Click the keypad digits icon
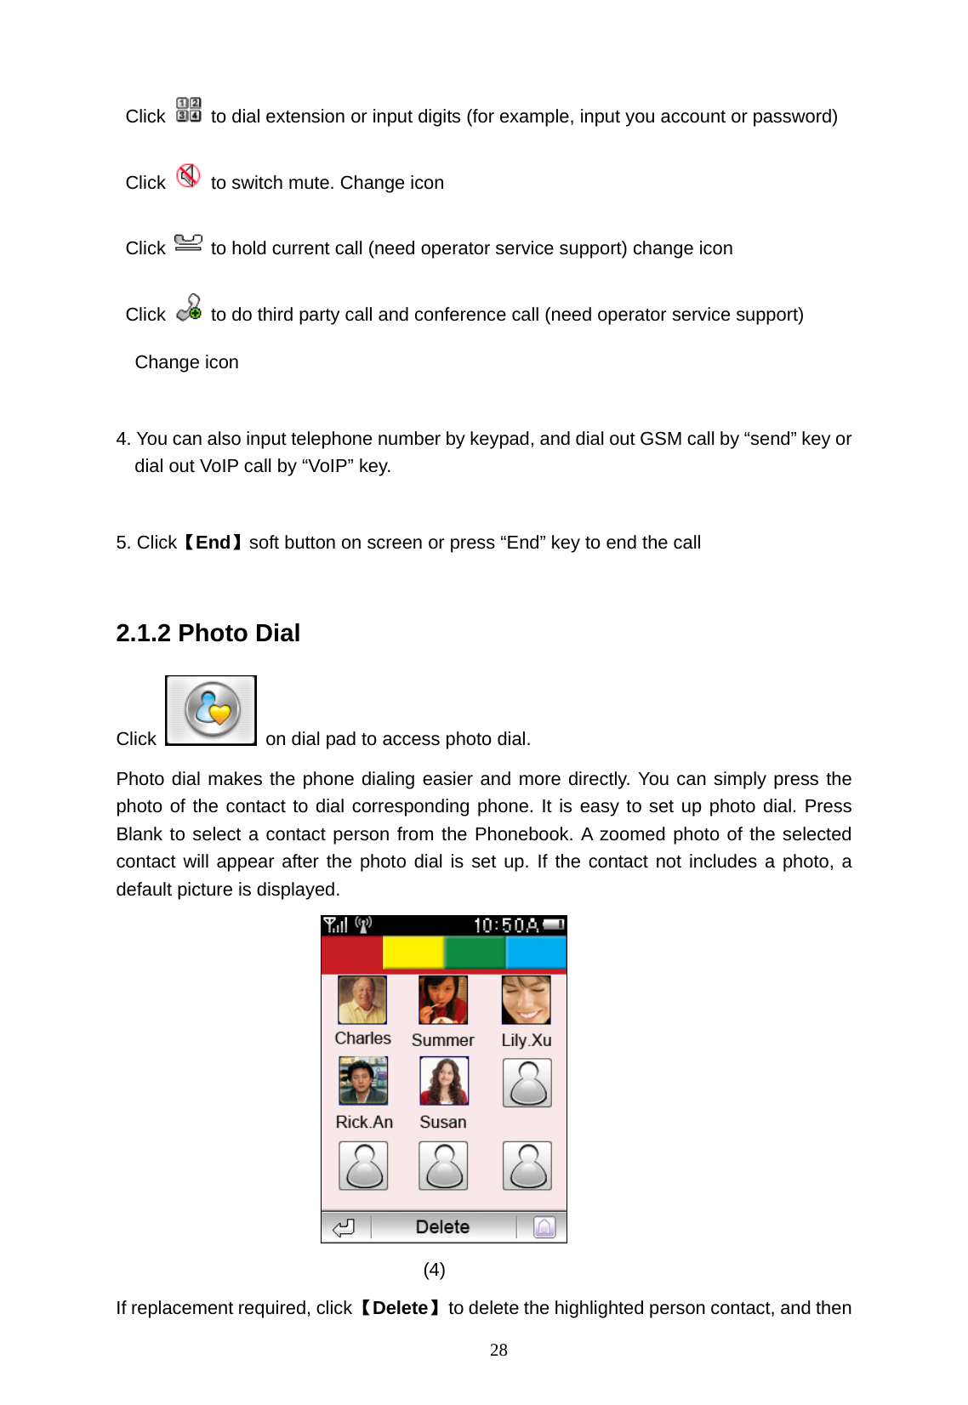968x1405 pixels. pyautogui.click(x=189, y=110)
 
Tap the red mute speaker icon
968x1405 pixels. pyautogui.click(x=188, y=176)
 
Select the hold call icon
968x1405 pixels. pyautogui.click(x=188, y=243)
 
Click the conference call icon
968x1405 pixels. pyautogui.click(x=189, y=308)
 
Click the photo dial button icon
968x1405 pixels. pyautogui.click(x=211, y=710)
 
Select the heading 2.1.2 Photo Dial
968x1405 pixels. pyautogui.click(x=208, y=633)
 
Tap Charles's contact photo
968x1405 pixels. pyautogui.click(x=362, y=1000)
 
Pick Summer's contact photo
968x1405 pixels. pyautogui.click(x=442, y=1000)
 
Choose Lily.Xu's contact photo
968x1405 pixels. pyautogui.click(x=526, y=1000)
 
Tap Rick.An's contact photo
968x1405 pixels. pyautogui.click(x=363, y=1081)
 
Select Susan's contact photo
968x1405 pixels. pyautogui.click(x=443, y=1081)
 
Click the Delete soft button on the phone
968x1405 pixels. pyautogui.click(x=442, y=1226)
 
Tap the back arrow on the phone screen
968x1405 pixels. pyautogui.click(x=344, y=1227)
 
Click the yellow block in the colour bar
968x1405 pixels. pyautogui.click(x=413, y=953)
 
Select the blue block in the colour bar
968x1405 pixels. pyautogui.click(x=536, y=953)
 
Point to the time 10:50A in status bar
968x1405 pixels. pyautogui.click(x=505, y=925)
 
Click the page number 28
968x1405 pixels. pyautogui.click(x=498, y=1350)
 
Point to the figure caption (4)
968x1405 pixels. pyautogui.click(x=434, y=1270)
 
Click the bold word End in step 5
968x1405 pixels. pyautogui.click(x=214, y=543)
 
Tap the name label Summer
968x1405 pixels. pyautogui.click(x=442, y=1040)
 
